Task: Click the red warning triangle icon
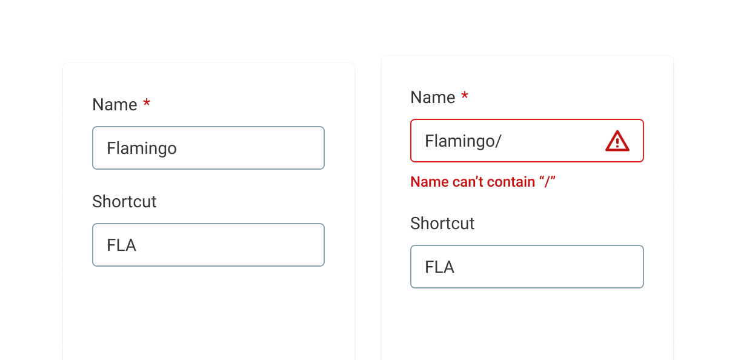(x=617, y=141)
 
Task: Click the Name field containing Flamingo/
(x=527, y=141)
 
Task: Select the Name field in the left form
(x=208, y=148)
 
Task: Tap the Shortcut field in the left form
(x=208, y=245)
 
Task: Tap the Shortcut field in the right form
(x=527, y=267)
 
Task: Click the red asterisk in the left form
(x=147, y=102)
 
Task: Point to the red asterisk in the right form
(x=465, y=95)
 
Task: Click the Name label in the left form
(x=115, y=105)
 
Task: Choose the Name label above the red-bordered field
(x=433, y=98)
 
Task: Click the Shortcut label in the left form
(x=124, y=201)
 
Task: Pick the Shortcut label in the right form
(x=442, y=223)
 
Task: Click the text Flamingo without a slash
(x=142, y=148)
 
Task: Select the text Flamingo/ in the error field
(x=463, y=141)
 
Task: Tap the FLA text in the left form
(x=121, y=245)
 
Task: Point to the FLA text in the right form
(x=439, y=267)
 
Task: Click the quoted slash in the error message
(x=547, y=182)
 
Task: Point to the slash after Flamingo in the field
(x=497, y=141)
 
